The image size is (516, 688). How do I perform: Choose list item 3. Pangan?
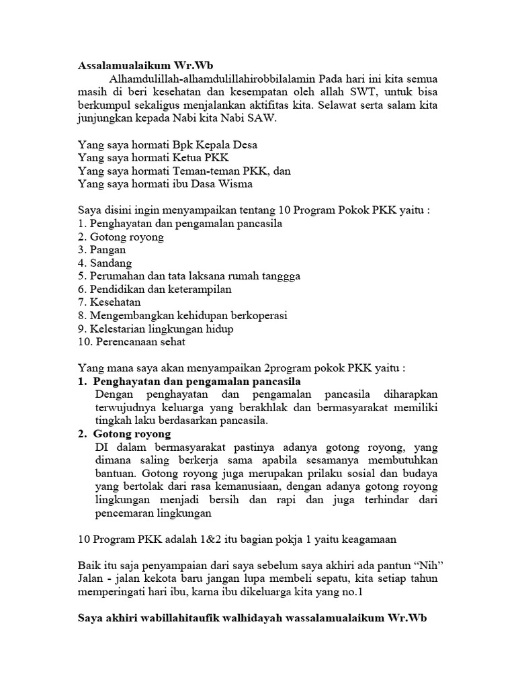[x=101, y=250]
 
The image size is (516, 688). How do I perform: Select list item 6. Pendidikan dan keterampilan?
[x=154, y=289]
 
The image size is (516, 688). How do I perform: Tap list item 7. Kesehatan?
[x=109, y=302]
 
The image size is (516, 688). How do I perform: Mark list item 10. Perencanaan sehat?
[x=132, y=341]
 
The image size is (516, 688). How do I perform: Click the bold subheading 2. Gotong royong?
[x=124, y=434]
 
